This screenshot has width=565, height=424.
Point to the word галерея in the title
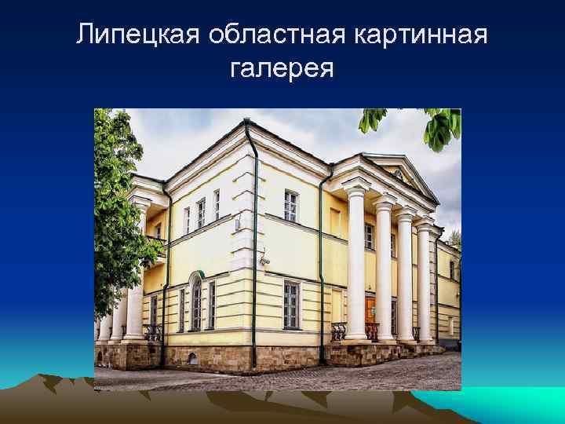tap(282, 70)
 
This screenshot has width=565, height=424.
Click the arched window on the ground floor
tap(195, 302)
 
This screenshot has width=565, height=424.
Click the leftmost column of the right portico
tap(355, 263)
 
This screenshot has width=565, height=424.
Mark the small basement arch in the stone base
tap(191, 358)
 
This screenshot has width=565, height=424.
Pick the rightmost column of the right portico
tap(425, 283)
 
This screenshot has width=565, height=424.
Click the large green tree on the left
tap(118, 204)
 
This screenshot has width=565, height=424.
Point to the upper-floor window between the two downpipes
tap(290, 207)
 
